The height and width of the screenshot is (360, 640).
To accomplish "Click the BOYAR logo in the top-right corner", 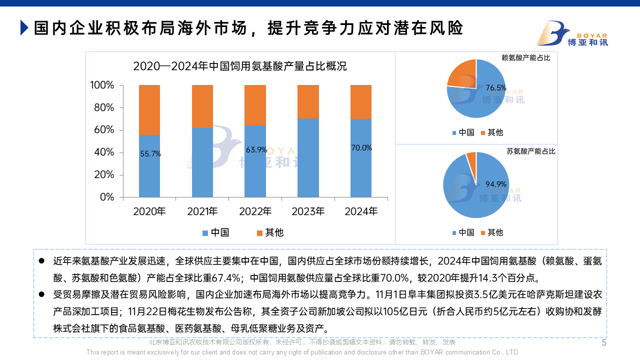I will tap(572, 33).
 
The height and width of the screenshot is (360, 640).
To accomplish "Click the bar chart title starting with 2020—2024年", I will tap(240, 66).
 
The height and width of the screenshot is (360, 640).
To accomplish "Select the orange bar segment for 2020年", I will tap(149, 109).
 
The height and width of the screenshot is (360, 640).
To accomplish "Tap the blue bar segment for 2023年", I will tap(308, 157).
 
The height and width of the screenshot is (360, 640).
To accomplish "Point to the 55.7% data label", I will tap(150, 154).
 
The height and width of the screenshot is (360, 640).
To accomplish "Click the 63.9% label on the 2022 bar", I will tap(256, 149).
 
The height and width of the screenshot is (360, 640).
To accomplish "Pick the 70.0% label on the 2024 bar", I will tap(361, 147).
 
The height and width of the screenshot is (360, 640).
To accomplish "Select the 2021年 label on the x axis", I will tap(202, 211).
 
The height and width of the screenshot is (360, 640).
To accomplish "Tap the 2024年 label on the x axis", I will tap(361, 211).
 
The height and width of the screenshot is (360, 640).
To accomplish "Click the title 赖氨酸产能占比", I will tap(525, 58).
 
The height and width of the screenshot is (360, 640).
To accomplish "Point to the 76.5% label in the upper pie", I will tap(496, 88).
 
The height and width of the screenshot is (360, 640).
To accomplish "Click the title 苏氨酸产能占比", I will tap(530, 151).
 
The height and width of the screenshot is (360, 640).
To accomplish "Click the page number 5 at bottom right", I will tap(603, 343).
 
